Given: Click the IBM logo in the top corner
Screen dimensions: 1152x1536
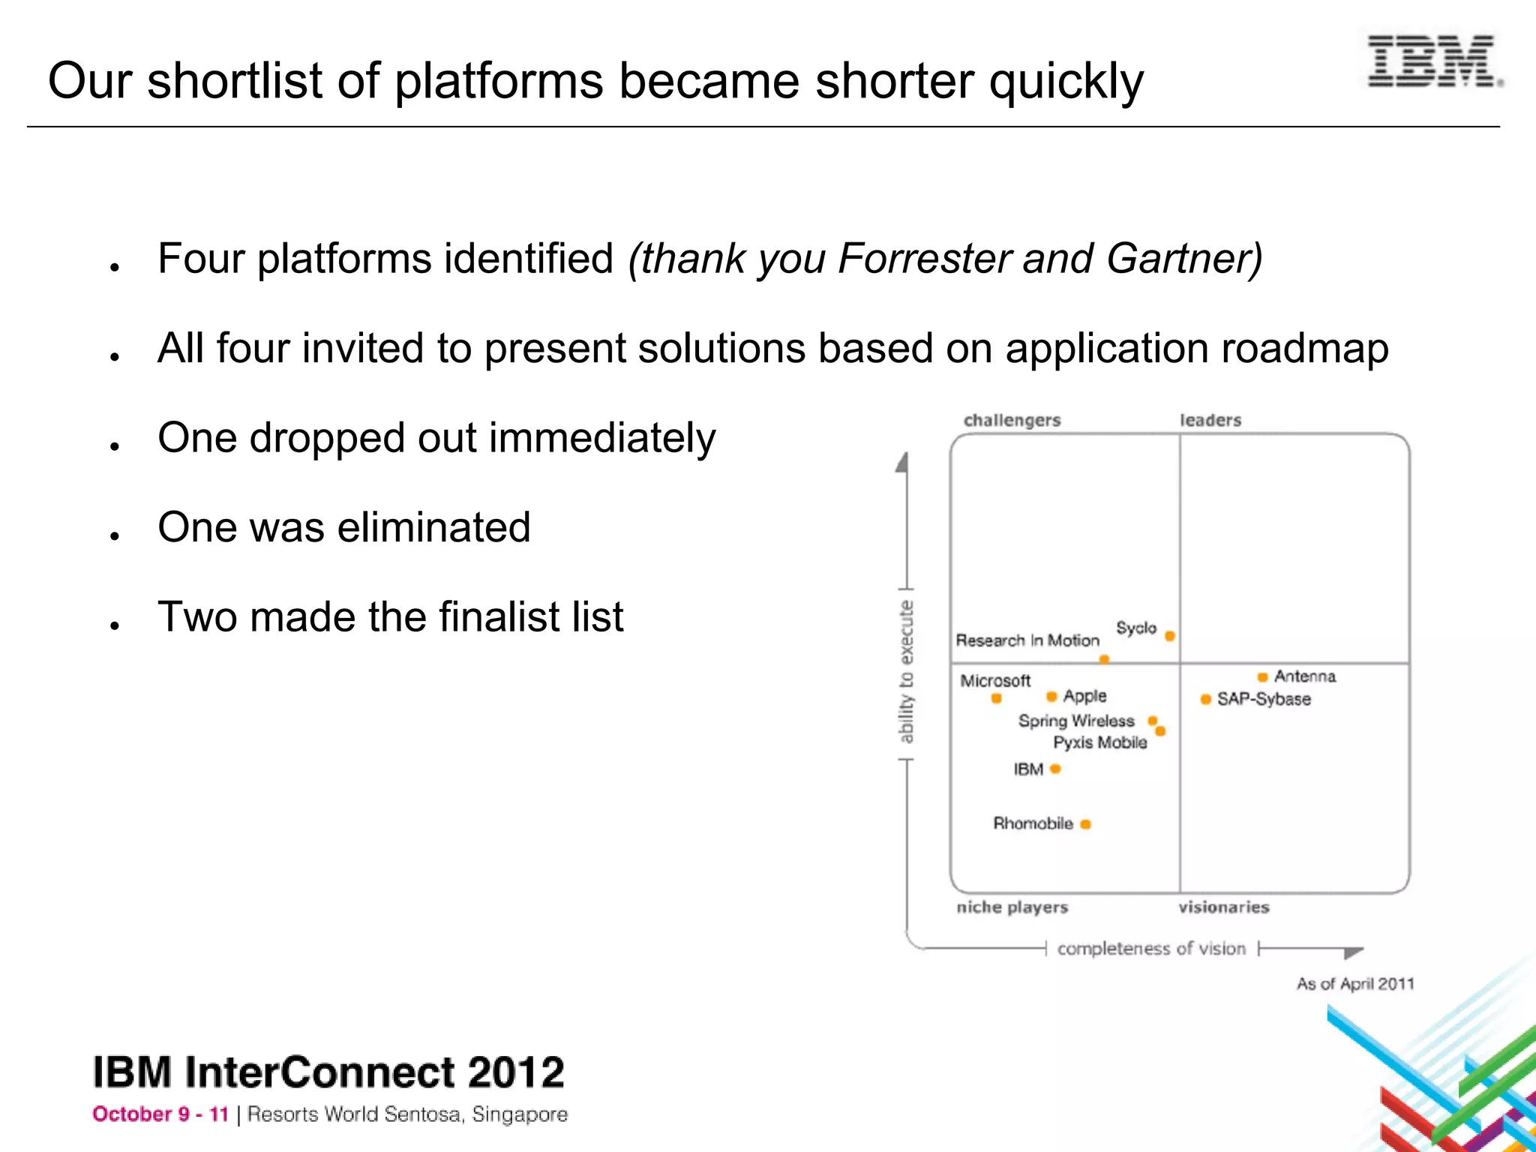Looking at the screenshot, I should pyautogui.click(x=1433, y=61).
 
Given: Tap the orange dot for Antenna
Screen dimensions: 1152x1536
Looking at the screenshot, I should pyautogui.click(x=1263, y=677).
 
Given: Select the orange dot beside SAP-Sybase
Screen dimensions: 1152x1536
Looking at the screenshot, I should pyautogui.click(x=1205, y=699).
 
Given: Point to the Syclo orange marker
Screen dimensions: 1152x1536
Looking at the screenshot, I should pyautogui.click(x=1170, y=636).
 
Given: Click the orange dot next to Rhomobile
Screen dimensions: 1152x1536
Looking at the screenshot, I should pyautogui.click(x=1085, y=824).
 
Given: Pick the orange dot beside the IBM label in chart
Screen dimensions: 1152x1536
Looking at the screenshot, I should pyautogui.click(x=1055, y=769).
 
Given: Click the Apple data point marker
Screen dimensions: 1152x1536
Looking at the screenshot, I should pyautogui.click(x=1051, y=697).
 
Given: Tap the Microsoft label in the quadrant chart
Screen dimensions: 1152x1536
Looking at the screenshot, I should pyautogui.click(x=995, y=681).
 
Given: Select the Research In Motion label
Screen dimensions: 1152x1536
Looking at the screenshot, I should pyautogui.click(x=1027, y=640).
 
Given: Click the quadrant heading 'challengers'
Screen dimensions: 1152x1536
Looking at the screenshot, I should pyautogui.click(x=1012, y=421).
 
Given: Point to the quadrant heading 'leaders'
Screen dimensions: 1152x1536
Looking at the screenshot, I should pyautogui.click(x=1210, y=421).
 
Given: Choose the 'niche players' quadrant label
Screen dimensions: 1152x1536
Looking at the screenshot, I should pyautogui.click(x=1012, y=907).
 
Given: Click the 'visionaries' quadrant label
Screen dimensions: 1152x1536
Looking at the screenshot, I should pyautogui.click(x=1223, y=907).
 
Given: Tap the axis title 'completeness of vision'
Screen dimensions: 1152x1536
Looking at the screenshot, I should pyautogui.click(x=1151, y=949).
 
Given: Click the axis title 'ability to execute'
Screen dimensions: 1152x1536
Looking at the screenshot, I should pyautogui.click(x=906, y=672).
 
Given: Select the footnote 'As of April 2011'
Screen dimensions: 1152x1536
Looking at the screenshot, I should pyautogui.click(x=1354, y=984).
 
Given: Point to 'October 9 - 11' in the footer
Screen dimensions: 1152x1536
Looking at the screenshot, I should pyautogui.click(x=160, y=1114).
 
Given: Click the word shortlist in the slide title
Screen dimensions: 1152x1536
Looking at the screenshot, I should pyautogui.click(x=237, y=81).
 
